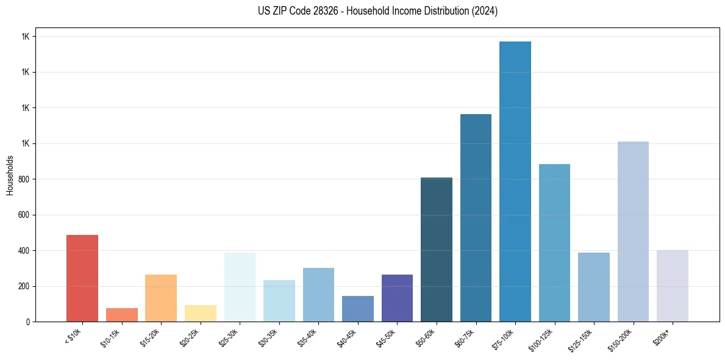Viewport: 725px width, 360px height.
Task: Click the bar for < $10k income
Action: pos(82,278)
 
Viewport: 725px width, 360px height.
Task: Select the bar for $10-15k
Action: pos(121,315)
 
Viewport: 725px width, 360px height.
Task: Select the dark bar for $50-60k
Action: pos(437,250)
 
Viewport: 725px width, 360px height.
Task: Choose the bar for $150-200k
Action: pos(633,231)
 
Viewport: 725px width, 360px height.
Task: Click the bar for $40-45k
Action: pos(358,309)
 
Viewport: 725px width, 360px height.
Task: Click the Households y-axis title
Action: pos(10,175)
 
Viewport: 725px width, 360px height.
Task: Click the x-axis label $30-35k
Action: pos(269,337)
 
